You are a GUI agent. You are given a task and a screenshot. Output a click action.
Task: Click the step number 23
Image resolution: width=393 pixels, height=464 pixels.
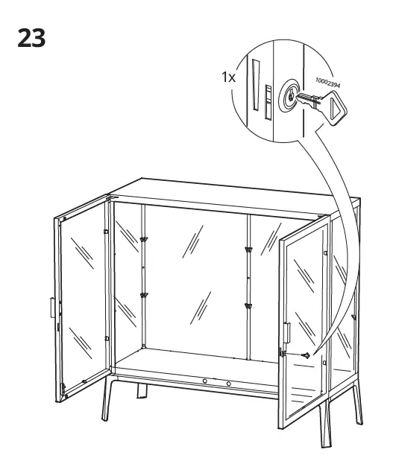coord(31,38)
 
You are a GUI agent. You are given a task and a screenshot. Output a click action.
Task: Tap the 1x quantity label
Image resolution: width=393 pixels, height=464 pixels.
coord(228,77)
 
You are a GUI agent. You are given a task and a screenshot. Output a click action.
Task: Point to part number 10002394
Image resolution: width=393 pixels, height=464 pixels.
coord(327,83)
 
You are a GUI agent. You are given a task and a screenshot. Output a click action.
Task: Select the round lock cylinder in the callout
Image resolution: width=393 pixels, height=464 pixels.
coord(289,95)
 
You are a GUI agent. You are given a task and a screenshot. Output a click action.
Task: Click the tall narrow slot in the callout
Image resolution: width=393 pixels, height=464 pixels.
coord(256,85)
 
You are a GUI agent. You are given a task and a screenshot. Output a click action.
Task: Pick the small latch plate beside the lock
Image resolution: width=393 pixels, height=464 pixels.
coord(268,102)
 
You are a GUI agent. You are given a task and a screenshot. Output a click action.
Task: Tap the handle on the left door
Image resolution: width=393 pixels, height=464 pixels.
coord(52,308)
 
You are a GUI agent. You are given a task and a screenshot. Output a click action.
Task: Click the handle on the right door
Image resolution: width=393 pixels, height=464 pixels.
coord(287,333)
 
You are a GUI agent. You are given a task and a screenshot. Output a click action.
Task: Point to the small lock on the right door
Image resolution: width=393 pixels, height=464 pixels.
coord(306,355)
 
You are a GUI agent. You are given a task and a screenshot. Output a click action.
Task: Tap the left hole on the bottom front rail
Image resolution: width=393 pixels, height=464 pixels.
coord(205,381)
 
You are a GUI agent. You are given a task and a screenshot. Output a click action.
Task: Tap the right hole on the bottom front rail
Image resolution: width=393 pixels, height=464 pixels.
coord(228,384)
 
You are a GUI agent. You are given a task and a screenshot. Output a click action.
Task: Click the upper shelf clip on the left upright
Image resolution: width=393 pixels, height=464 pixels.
coord(144,239)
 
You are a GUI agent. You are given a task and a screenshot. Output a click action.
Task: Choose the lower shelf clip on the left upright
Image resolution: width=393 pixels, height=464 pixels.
coord(145,295)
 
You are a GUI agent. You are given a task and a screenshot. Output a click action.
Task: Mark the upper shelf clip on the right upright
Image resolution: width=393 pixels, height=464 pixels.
coord(248,250)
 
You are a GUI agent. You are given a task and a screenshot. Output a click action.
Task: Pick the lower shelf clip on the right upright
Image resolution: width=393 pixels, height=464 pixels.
coord(248,305)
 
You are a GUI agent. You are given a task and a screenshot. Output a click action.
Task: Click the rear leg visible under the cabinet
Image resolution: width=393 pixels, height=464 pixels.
coord(142,390)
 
